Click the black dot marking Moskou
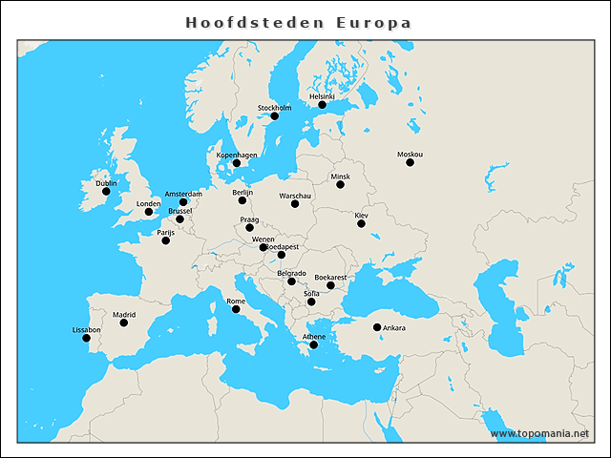click(x=410, y=163)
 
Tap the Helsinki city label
click(x=323, y=96)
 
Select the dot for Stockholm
click(x=274, y=116)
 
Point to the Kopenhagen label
click(x=237, y=155)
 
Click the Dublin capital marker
click(x=106, y=192)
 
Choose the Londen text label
click(x=148, y=203)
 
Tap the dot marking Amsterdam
click(x=183, y=202)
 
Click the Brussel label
click(x=179, y=211)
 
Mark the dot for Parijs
click(x=166, y=240)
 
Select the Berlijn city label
click(x=242, y=192)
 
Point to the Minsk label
click(x=341, y=177)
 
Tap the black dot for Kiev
click(x=361, y=223)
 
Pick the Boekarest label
click(x=330, y=277)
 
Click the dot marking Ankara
click(x=377, y=327)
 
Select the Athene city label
click(x=314, y=337)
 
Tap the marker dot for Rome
click(x=236, y=309)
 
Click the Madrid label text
click(x=124, y=314)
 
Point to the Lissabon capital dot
click(x=86, y=338)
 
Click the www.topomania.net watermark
click(x=539, y=434)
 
